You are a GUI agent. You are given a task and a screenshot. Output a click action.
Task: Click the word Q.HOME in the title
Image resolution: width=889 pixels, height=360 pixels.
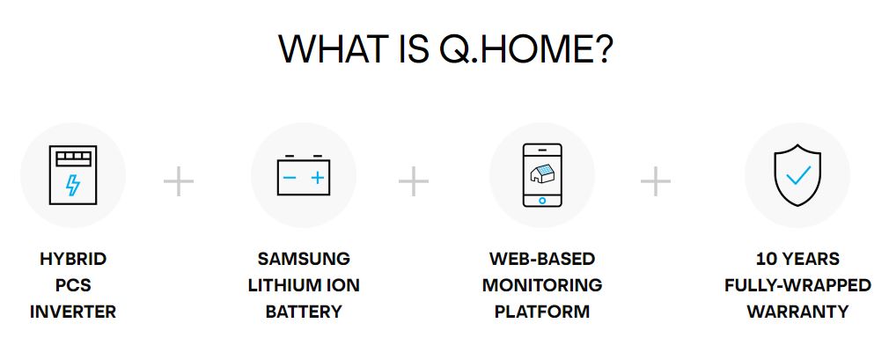coord(525,48)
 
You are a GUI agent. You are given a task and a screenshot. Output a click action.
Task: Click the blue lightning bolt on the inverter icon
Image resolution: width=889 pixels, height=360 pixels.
coord(72,185)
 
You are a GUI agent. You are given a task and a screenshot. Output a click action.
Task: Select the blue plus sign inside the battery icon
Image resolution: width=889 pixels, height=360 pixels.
coord(318,178)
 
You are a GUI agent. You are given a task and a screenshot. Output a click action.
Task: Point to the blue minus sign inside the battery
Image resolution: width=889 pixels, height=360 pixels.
coord(290,178)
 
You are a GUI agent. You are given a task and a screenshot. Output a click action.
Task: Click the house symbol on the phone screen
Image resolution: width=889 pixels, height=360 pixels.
coord(542,174)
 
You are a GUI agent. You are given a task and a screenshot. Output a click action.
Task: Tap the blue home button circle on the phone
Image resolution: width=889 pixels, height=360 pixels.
coord(542,200)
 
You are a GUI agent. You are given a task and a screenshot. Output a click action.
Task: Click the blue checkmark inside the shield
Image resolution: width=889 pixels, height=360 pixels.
coord(797,175)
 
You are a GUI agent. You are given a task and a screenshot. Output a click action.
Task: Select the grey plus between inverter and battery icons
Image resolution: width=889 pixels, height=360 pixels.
coord(179,181)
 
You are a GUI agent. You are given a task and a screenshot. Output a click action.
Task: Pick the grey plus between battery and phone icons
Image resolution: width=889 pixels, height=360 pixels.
coord(414,181)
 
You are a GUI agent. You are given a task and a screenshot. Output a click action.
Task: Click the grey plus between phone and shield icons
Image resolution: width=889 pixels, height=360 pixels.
coord(656,181)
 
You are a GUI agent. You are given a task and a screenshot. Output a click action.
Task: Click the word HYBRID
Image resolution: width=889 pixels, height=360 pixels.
coord(73,259)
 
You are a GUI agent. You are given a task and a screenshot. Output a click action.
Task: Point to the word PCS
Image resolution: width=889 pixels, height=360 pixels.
coord(73,285)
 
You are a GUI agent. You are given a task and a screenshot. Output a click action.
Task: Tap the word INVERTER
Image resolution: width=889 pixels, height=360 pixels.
coord(73,312)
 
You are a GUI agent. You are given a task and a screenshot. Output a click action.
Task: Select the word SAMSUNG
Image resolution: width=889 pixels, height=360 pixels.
coord(304,259)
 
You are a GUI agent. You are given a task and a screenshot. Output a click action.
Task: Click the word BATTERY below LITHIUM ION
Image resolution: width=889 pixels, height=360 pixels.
coord(304,312)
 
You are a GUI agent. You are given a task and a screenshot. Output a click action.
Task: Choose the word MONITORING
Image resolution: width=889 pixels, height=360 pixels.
coord(542,285)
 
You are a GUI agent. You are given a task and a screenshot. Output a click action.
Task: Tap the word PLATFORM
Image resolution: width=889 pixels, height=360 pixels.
coord(542,312)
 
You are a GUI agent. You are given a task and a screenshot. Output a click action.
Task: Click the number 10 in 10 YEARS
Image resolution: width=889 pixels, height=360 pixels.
coord(766,259)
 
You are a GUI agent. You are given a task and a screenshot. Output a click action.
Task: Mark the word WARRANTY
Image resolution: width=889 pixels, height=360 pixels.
coord(797,312)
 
